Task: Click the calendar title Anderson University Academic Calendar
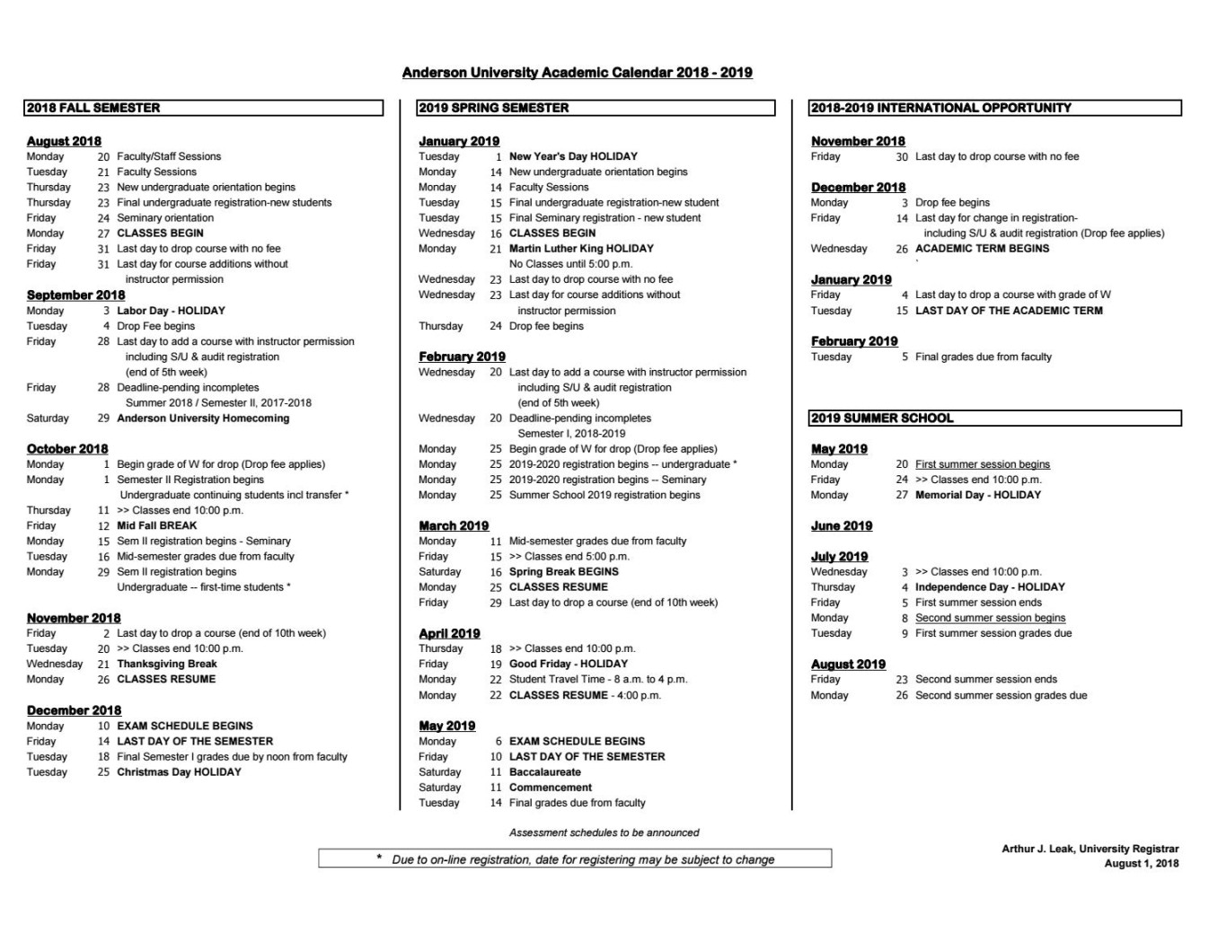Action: click(x=577, y=73)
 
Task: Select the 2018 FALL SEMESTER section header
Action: click(x=93, y=108)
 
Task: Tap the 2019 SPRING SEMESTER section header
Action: click(x=493, y=108)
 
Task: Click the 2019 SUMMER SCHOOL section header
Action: click(x=882, y=419)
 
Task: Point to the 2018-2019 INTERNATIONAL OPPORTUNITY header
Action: click(x=940, y=108)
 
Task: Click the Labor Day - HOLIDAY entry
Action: click(x=171, y=311)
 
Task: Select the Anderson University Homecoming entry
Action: click(x=203, y=419)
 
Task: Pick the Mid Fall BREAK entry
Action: click(x=156, y=526)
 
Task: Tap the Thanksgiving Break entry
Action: click(x=167, y=665)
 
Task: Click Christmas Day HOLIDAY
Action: click(x=179, y=772)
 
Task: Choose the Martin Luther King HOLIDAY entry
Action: click(x=581, y=249)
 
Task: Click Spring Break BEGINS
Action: click(x=563, y=572)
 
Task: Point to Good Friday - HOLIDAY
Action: click(x=568, y=665)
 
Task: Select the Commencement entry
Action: click(x=550, y=788)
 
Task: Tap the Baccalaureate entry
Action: click(x=544, y=772)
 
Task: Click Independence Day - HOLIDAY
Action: click(x=990, y=587)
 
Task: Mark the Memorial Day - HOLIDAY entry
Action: click(x=977, y=495)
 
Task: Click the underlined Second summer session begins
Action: click(x=990, y=618)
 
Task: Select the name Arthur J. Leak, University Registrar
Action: click(x=1090, y=849)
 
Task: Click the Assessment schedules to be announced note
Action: click(x=604, y=833)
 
